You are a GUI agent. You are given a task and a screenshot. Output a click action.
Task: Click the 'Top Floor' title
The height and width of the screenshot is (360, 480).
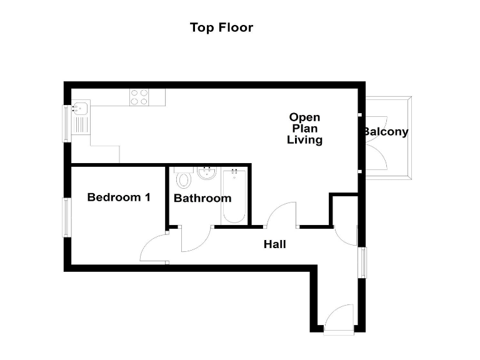coord(221,27)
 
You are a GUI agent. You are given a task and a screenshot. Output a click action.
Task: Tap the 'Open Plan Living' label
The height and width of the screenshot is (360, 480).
coord(304,128)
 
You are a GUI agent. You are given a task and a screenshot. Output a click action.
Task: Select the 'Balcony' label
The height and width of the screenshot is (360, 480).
coord(386,132)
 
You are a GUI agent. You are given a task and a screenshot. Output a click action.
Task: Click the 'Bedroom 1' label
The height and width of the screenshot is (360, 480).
coord(119,197)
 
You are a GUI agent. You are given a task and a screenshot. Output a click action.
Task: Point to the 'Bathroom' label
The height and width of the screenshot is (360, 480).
coord(202,198)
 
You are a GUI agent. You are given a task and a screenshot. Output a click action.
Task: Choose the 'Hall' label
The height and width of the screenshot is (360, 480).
coord(274,244)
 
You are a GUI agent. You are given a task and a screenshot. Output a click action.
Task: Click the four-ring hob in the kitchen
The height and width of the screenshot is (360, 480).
coord(139,97)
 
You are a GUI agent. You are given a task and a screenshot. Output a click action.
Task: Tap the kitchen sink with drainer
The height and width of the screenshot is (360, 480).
coord(81,117)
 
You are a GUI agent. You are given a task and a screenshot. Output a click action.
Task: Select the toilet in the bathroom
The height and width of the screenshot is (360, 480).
coord(183,180)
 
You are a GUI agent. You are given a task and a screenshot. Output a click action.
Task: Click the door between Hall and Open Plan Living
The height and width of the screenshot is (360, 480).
coord(282,216)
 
